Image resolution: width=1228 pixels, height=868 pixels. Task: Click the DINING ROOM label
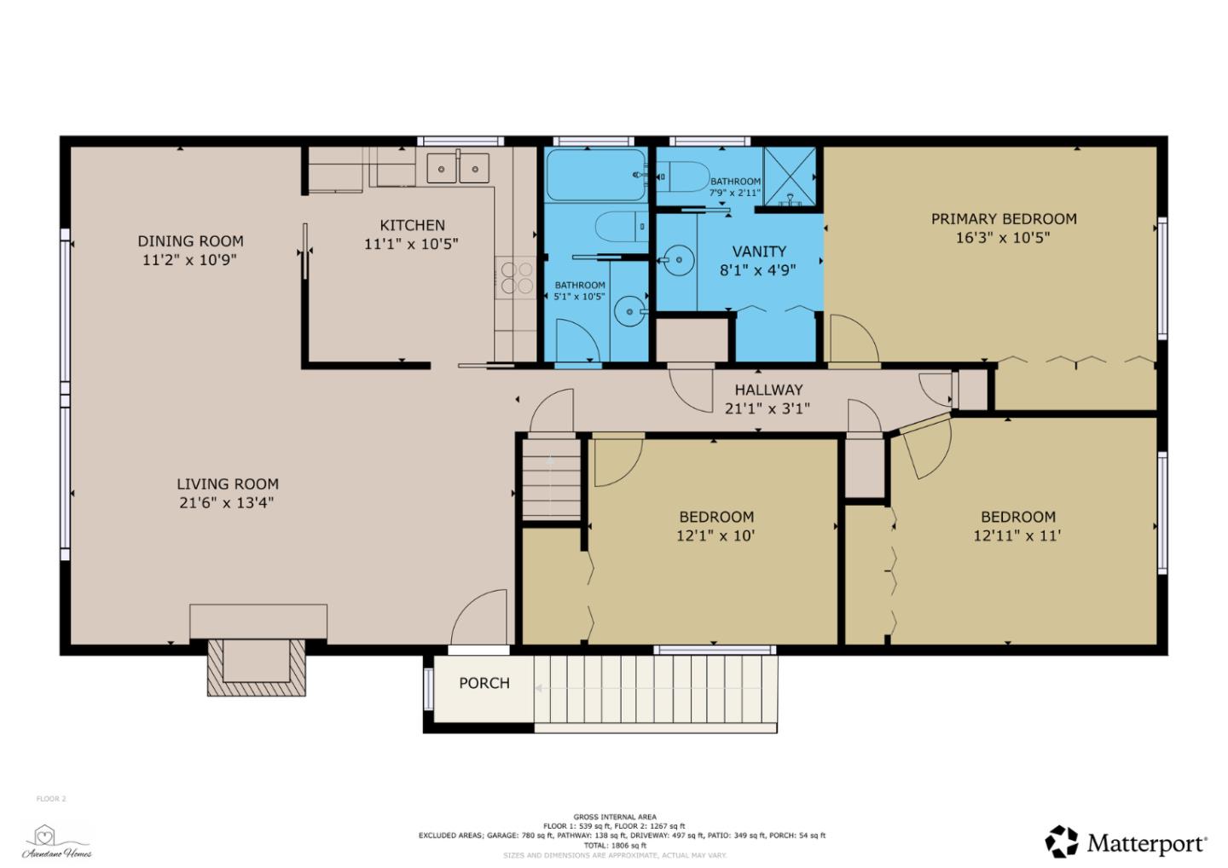[190, 241]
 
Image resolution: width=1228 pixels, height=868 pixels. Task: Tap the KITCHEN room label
[412, 225]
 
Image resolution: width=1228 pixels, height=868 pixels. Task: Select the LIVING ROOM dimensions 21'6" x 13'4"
[226, 503]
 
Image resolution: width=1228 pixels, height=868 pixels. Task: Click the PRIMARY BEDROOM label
[1003, 219]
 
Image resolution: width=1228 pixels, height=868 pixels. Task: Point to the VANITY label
[758, 252]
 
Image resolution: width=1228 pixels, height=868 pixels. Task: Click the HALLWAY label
[768, 390]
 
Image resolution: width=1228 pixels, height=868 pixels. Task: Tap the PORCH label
[484, 683]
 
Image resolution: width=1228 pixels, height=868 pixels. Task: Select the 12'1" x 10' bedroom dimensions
[715, 536]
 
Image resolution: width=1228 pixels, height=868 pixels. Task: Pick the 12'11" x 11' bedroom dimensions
[1017, 536]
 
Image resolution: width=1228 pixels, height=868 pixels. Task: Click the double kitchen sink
[458, 168]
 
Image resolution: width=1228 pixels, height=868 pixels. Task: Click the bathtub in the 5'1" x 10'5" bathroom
[594, 175]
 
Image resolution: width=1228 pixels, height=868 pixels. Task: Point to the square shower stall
[790, 176]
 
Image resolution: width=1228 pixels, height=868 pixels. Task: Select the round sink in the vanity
[679, 257]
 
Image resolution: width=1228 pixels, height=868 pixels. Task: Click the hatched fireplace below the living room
[257, 667]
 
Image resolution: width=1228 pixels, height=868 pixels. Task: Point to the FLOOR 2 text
[50, 799]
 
